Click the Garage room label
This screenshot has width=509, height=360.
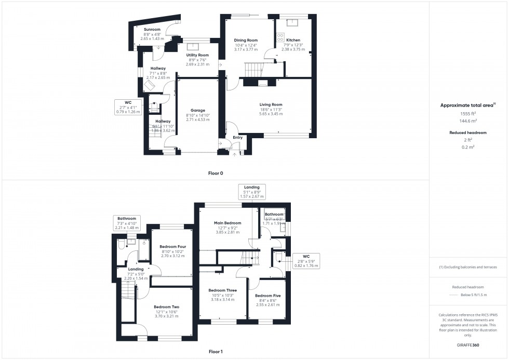(x=197, y=110)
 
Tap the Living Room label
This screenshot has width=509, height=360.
(x=271, y=104)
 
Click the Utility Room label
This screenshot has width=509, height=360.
(x=197, y=55)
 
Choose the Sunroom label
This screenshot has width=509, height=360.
(x=152, y=30)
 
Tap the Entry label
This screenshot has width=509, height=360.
(x=237, y=138)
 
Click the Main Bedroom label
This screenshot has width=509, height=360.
(x=227, y=223)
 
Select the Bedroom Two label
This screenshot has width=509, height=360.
(x=166, y=306)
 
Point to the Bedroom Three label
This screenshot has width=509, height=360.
(x=223, y=290)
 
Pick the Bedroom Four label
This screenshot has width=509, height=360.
(x=172, y=246)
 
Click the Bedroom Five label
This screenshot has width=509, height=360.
(x=267, y=296)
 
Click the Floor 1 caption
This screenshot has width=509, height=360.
(x=215, y=352)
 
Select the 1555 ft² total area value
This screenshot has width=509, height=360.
(x=468, y=113)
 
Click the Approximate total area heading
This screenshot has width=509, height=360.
(x=467, y=105)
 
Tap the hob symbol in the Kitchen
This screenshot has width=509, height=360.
(x=280, y=37)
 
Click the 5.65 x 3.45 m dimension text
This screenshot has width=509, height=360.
(x=271, y=114)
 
